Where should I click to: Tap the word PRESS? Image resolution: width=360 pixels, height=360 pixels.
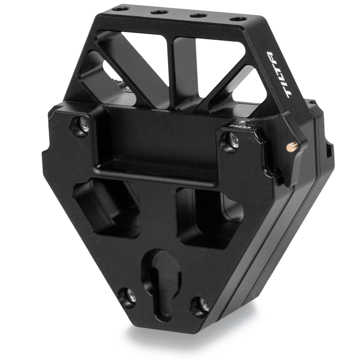239,126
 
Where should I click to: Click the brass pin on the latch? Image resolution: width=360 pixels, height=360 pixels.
293,146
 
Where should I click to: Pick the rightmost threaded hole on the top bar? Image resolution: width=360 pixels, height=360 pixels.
238,18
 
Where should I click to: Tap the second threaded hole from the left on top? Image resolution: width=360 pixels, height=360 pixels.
159,12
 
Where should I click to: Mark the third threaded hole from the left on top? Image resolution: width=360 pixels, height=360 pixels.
198,15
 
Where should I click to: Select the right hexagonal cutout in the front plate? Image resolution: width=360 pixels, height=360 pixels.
207,217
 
